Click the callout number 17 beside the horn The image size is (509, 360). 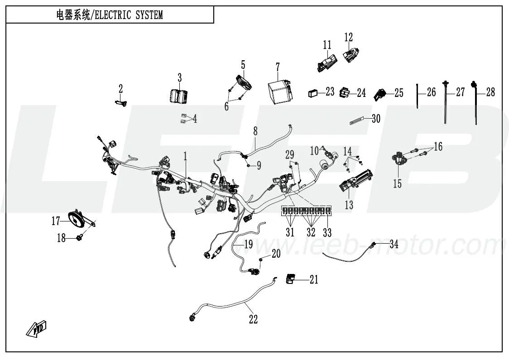point(56,221)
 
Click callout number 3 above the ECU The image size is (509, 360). point(179,77)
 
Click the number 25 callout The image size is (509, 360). point(399,93)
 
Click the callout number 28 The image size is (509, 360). point(490,92)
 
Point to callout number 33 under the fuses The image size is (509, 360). point(327,233)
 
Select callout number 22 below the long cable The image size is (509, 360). point(253,320)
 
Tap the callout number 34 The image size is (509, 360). point(394,245)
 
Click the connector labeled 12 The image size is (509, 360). point(350,56)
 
